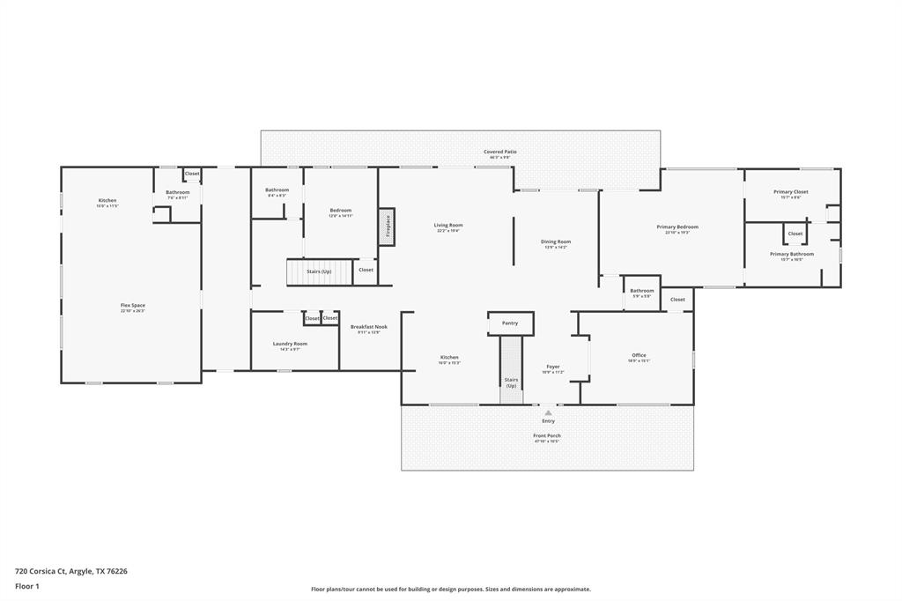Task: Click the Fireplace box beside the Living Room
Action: coord(386,226)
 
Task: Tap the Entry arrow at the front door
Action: coord(548,412)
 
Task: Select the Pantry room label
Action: coord(510,323)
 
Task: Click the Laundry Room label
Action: coord(289,344)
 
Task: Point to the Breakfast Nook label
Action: coord(368,327)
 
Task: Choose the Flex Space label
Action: coord(133,306)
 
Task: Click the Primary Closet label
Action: coord(790,192)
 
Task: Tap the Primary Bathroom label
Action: coord(791,255)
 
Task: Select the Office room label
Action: coord(639,356)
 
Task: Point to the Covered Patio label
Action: coord(499,152)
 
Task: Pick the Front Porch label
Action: coord(547,436)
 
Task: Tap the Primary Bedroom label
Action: coord(677,227)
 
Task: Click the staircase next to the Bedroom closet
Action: coord(319,271)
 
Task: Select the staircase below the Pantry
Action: coord(511,370)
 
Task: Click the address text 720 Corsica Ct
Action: coord(71,571)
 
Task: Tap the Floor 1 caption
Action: coord(28,585)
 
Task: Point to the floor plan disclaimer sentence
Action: coord(450,590)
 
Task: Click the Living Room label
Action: coord(447,226)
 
